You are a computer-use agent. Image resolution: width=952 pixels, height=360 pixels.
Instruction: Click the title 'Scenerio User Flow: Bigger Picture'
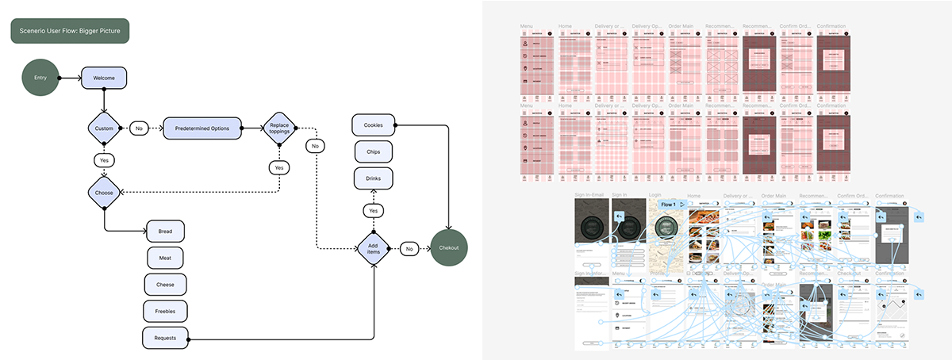pos(70,31)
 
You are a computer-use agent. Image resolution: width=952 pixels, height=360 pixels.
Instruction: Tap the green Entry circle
pos(40,78)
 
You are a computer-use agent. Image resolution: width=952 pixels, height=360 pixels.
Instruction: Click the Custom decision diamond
pos(104,128)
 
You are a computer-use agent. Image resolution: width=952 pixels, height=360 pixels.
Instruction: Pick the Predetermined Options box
pos(202,128)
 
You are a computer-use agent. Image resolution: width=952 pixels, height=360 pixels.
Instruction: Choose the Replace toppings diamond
pos(279,128)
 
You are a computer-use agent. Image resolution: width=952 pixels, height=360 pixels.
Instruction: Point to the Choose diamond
pos(104,193)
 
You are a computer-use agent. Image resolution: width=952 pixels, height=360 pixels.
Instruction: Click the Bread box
pos(165,231)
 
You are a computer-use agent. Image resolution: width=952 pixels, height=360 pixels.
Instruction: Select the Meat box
pos(165,257)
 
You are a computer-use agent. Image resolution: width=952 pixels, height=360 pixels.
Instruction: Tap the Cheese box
pos(165,284)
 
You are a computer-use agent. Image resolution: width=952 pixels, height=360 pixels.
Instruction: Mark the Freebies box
pos(165,310)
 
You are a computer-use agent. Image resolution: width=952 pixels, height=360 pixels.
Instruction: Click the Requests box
pos(165,337)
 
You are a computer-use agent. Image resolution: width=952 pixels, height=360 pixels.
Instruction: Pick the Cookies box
pos(373,125)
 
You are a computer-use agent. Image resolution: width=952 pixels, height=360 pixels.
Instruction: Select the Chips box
pos(373,151)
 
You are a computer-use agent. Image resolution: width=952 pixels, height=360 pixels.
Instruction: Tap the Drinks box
pos(373,178)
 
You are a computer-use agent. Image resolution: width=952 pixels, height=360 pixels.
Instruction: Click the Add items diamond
pos(373,248)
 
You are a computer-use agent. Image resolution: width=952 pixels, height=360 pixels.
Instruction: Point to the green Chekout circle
pos(449,248)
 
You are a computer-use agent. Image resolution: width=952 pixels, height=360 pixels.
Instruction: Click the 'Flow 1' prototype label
pos(669,204)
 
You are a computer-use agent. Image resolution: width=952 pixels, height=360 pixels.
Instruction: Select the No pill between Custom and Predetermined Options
pos(140,128)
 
